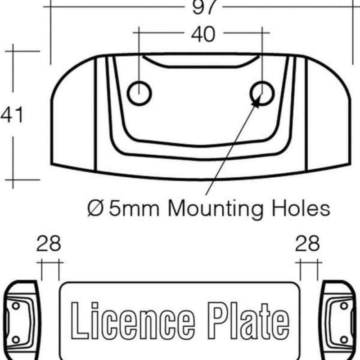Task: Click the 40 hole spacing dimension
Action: pos(203,34)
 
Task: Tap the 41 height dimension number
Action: pos(12,116)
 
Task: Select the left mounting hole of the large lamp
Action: pos(139,94)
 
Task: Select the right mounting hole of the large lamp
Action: pos(262,94)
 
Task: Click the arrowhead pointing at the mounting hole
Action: pos(257,102)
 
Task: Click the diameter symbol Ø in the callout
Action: pos(95,208)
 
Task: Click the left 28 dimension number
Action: pos(49,244)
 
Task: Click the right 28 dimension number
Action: pos(307,244)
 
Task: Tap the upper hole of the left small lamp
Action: pos(16,306)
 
